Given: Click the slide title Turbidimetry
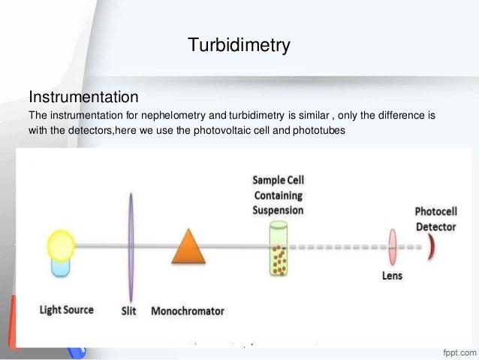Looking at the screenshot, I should pyautogui.click(x=239, y=47).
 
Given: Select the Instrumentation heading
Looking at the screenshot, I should pyautogui.click(x=83, y=98).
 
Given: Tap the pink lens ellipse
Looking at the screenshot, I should pyautogui.click(x=392, y=246).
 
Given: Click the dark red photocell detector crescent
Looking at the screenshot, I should pyautogui.click(x=431, y=246).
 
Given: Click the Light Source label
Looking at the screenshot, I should pyautogui.click(x=67, y=310).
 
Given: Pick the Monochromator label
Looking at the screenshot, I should pyautogui.click(x=188, y=310).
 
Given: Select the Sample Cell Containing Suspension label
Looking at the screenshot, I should pyautogui.click(x=279, y=195).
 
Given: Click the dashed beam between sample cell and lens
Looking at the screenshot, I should pyautogui.click(x=338, y=246).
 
